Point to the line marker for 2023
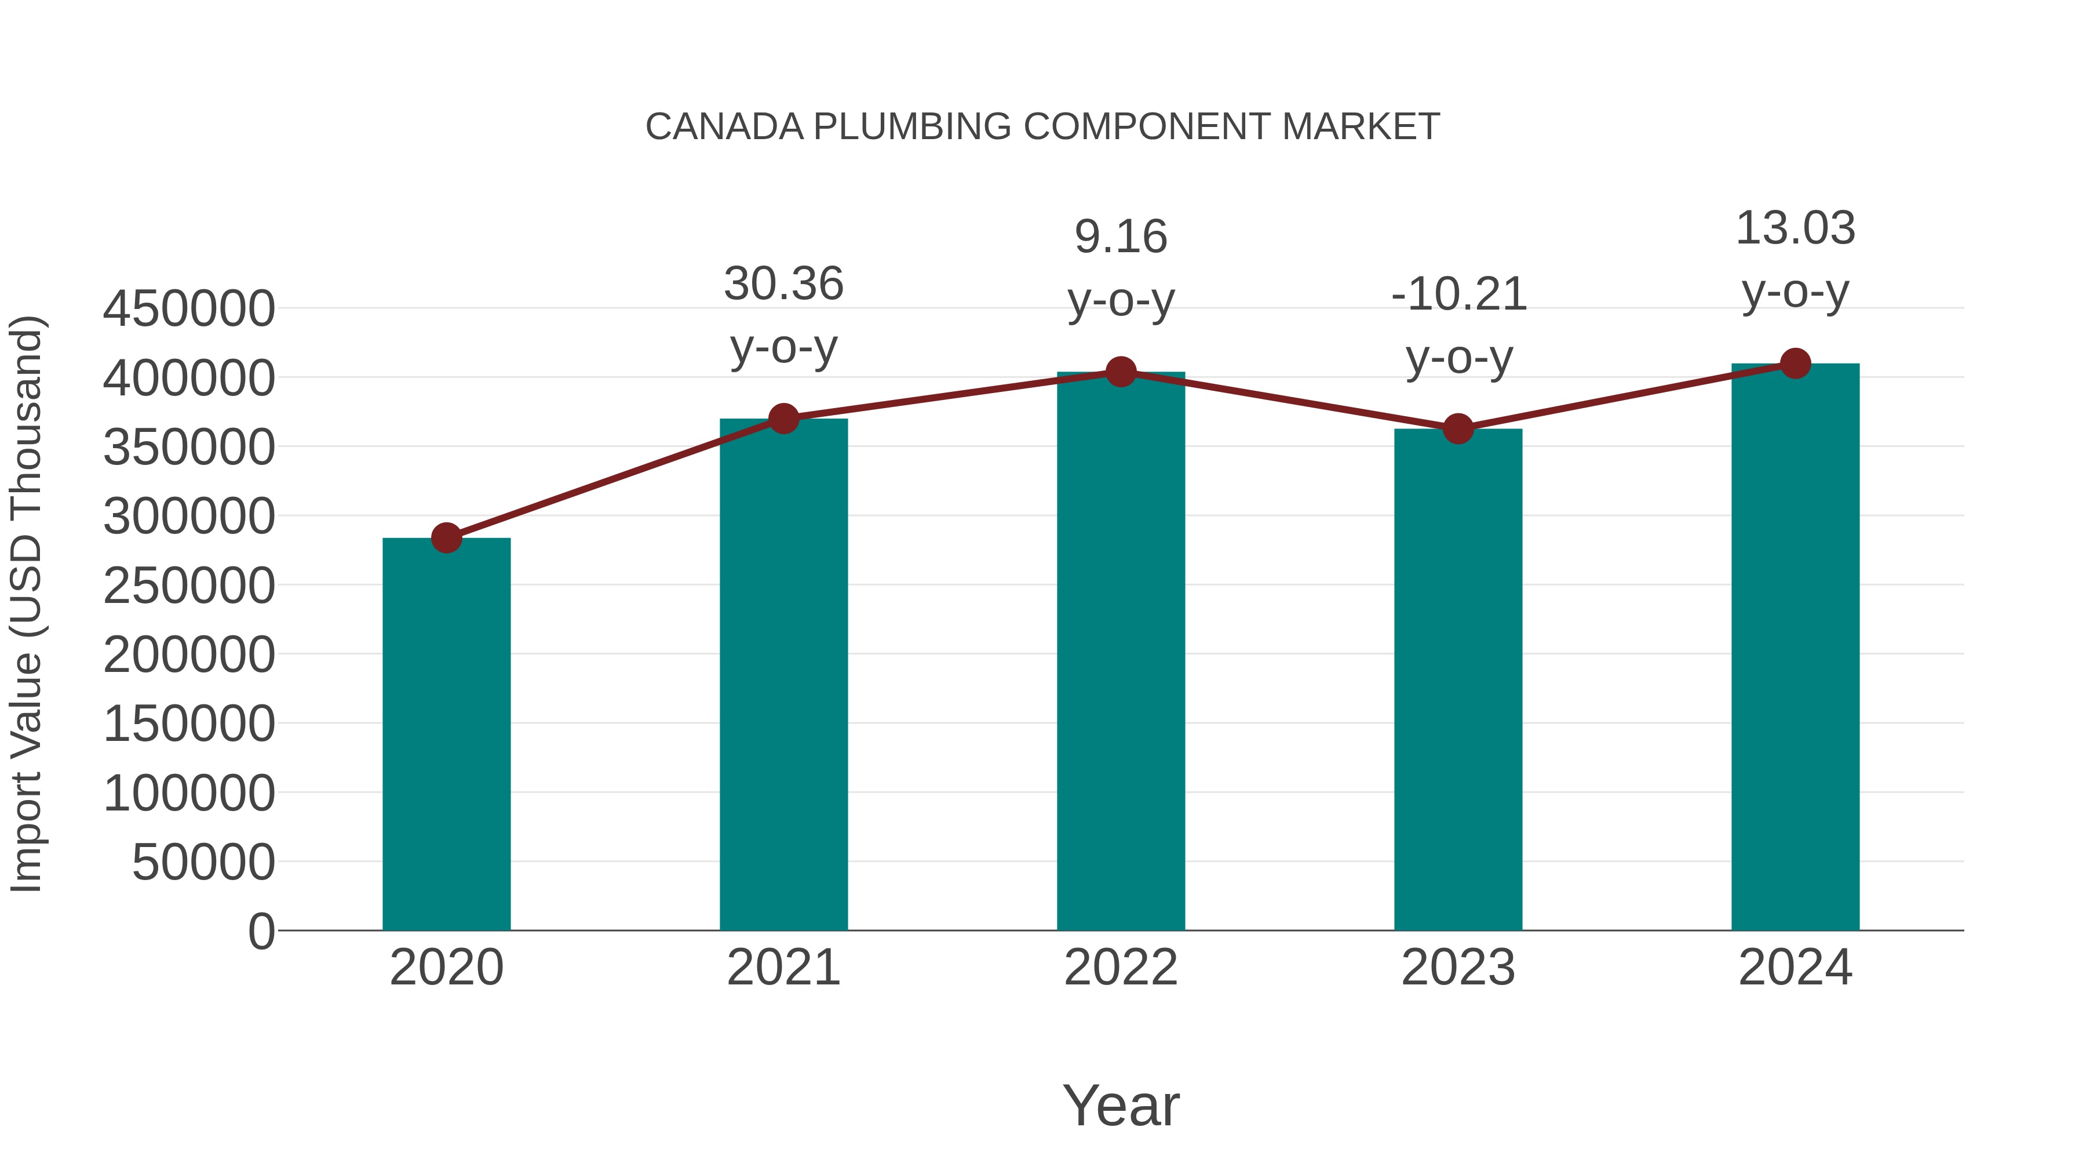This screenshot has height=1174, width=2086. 1458,428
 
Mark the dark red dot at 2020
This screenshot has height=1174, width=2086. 446,537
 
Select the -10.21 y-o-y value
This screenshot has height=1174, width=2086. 1458,293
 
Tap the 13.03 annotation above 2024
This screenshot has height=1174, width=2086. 1795,228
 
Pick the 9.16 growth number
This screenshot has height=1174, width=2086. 1121,237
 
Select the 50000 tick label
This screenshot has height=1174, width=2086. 203,862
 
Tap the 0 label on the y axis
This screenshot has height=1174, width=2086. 261,931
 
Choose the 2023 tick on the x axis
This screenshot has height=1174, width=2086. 1458,968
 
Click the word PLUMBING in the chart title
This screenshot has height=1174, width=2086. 913,127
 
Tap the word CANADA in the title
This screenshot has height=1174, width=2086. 724,127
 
